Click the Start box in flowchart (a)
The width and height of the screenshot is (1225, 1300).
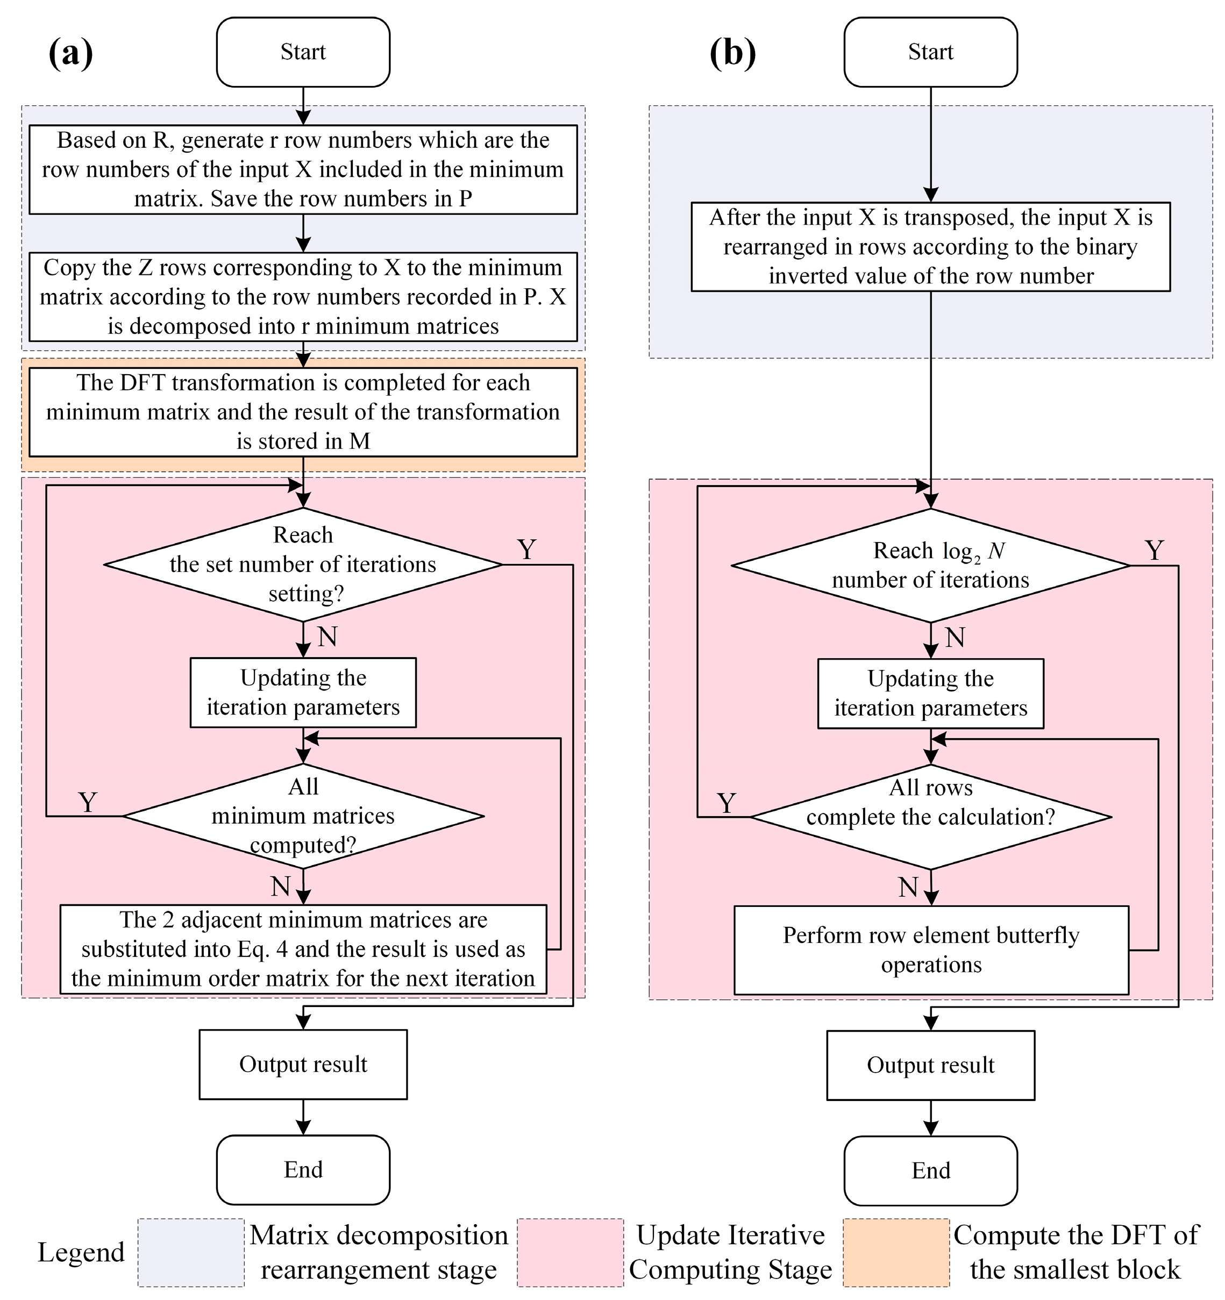(303, 52)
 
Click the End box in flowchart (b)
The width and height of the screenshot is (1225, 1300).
(930, 1170)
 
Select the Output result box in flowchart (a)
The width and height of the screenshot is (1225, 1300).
(303, 1065)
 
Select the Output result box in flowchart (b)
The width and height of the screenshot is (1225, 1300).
(930, 1065)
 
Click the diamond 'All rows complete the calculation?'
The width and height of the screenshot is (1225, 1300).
(930, 817)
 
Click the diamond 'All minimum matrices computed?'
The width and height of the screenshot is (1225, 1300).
(303, 816)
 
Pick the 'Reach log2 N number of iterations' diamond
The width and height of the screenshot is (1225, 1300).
(930, 566)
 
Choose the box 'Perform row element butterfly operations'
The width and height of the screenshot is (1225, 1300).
(931, 949)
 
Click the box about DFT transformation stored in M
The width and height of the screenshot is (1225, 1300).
(303, 412)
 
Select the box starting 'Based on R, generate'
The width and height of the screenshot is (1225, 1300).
(303, 169)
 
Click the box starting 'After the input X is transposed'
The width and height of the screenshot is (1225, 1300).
(930, 247)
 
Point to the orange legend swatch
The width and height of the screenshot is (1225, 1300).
(895, 1252)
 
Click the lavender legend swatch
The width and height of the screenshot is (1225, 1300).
(190, 1252)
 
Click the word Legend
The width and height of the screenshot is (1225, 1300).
(81, 1252)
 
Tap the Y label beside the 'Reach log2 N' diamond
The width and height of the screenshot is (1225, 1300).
(1155, 551)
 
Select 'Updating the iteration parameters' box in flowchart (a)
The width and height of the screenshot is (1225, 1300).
(303, 692)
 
